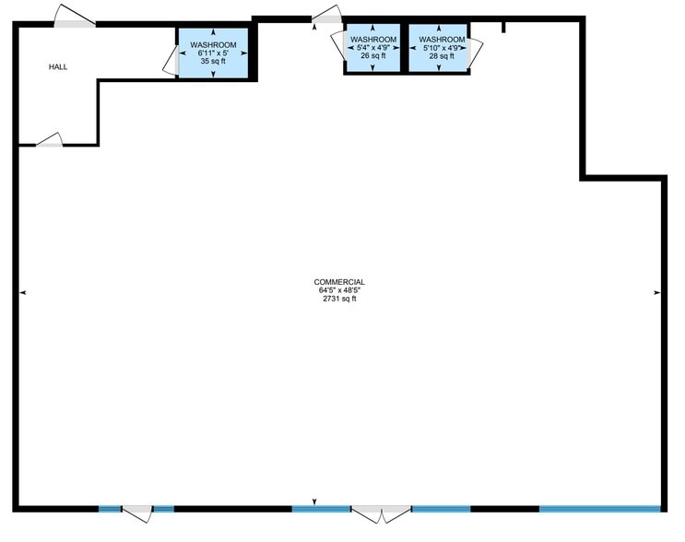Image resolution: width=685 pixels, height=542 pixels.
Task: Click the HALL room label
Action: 59,66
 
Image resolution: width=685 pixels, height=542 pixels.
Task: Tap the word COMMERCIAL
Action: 339,282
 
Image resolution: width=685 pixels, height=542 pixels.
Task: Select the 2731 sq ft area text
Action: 339,300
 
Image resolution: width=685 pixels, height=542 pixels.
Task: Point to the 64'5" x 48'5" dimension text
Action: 339,291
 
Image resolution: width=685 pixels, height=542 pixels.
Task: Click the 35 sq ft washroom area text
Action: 213,62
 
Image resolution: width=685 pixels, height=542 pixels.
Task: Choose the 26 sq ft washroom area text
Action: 373,55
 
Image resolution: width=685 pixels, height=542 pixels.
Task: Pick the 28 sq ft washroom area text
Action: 442,55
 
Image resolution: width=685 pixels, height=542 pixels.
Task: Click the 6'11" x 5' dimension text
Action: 213,53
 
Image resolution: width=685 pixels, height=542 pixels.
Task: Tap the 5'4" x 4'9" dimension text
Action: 373,47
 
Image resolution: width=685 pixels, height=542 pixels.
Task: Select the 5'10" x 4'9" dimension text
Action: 442,47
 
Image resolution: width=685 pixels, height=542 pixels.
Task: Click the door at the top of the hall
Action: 74,18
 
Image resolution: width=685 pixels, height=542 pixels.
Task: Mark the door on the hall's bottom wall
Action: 50,141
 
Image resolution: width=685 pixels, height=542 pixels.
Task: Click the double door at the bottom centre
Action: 381,513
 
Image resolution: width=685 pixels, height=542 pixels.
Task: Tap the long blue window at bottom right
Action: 599,508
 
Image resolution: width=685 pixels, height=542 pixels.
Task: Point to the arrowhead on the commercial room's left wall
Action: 22,292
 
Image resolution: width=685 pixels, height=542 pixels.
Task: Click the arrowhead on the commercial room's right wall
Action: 657,292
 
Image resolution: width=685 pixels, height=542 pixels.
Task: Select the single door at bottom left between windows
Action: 137,513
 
